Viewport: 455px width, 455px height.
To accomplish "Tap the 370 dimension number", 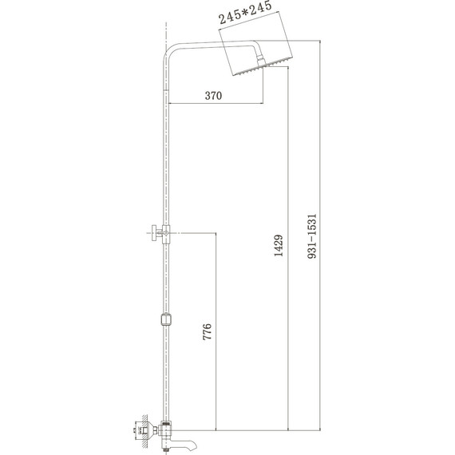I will (x=212, y=95).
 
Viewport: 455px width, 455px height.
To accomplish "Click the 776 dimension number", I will (x=208, y=333).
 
